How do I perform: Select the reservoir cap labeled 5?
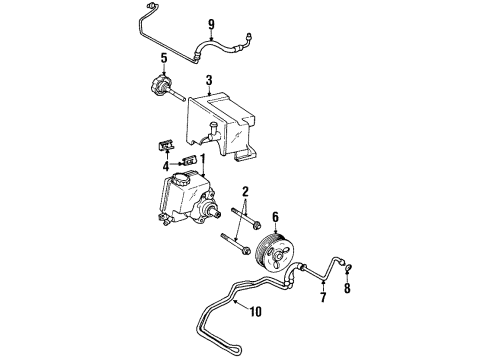coord(160,89)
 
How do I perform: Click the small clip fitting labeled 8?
coord(346,267)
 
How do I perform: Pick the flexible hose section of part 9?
coord(220,44)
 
